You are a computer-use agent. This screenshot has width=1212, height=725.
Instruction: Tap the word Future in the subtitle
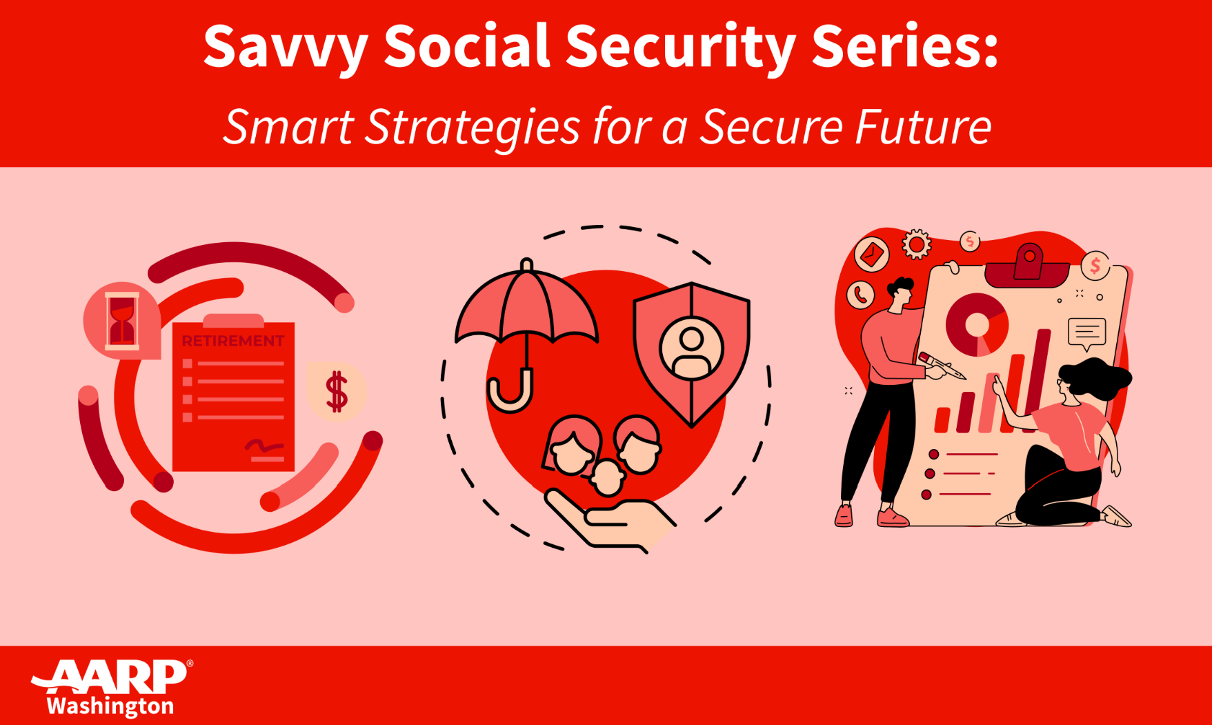[923, 127]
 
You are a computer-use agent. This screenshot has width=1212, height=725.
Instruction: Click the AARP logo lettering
[110, 678]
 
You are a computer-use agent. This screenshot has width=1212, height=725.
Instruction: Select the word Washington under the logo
[110, 706]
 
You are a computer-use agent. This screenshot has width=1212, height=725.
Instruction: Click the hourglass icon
[122, 319]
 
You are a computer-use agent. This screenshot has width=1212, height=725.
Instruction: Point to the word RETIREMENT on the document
[232, 341]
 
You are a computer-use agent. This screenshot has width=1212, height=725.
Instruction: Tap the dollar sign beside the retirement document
[337, 391]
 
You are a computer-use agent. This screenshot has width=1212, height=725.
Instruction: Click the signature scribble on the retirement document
[264, 447]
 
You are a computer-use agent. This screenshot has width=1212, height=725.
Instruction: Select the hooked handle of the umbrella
[511, 396]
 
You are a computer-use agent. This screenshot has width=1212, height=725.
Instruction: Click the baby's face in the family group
[608, 477]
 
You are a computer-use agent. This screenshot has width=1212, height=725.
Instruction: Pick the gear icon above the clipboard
[917, 244]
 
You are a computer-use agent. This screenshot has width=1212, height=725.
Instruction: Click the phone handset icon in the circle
[860, 295]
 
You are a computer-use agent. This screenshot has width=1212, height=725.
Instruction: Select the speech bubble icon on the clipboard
[1086, 334]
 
